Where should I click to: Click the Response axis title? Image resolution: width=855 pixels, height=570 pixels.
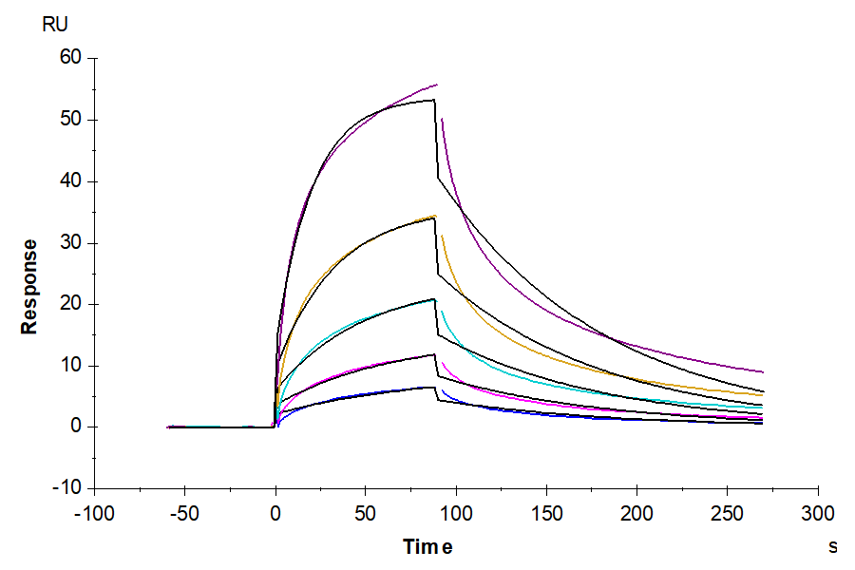(29, 286)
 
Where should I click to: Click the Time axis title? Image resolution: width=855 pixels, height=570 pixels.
(427, 546)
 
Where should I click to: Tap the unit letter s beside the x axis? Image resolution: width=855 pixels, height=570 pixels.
(833, 546)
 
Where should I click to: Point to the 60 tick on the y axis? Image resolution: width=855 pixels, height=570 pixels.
(72, 58)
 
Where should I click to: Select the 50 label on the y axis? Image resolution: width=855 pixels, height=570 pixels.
(72, 120)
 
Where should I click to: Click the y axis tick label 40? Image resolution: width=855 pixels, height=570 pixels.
(72, 181)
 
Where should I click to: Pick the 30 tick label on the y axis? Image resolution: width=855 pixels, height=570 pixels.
(72, 243)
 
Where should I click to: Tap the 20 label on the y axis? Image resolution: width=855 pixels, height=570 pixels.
(72, 304)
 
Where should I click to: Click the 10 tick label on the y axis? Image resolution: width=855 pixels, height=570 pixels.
(72, 366)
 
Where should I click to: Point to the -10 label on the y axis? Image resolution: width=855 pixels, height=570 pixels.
(69, 488)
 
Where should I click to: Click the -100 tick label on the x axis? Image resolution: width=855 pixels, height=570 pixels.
(93, 514)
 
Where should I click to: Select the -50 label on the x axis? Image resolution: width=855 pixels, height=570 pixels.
(184, 514)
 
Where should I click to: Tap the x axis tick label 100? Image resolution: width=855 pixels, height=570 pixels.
(456, 514)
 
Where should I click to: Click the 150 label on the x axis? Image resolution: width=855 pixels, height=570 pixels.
(546, 514)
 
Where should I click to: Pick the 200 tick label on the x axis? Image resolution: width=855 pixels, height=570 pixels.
(636, 514)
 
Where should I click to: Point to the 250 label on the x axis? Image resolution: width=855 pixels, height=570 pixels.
(727, 514)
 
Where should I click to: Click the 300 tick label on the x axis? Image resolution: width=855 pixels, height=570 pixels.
(818, 514)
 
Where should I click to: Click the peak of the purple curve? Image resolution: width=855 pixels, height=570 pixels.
(437, 85)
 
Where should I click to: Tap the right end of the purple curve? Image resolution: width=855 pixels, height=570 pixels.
(763, 372)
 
